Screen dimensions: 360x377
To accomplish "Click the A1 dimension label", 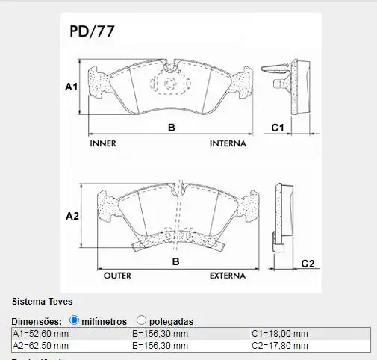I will (x=71, y=87).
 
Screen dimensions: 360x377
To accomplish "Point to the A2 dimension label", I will (x=72, y=217).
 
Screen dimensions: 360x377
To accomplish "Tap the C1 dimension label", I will (x=277, y=128).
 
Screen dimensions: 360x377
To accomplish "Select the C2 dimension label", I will (x=308, y=263).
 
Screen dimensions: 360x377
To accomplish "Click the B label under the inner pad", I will (x=171, y=128).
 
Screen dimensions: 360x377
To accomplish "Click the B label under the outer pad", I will (x=176, y=261).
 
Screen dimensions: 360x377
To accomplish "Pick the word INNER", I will (x=102, y=143).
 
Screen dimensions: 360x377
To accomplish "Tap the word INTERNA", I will (x=231, y=143).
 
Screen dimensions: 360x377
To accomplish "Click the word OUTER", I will (x=117, y=276).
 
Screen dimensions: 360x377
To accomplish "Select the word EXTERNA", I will (x=227, y=276).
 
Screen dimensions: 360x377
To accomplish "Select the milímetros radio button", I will (x=74, y=320).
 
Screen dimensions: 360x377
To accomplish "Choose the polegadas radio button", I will (x=142, y=320).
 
